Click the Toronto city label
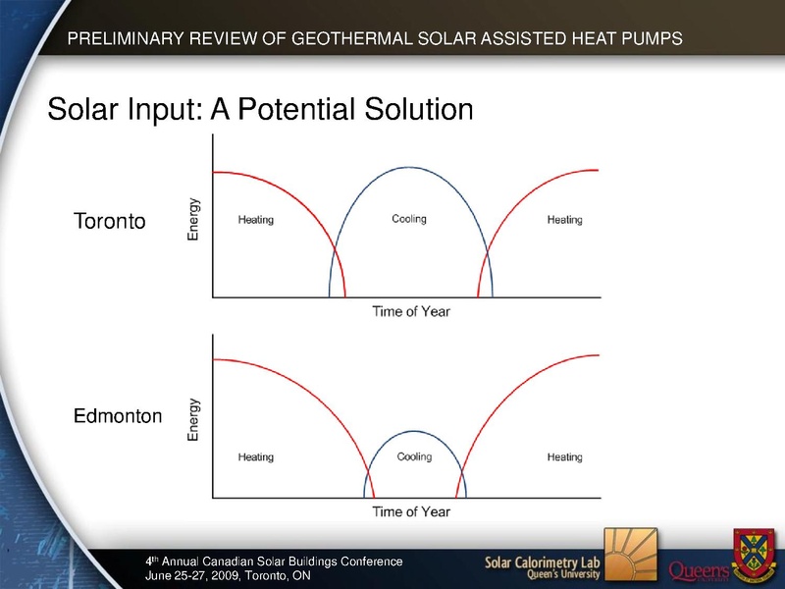click(x=109, y=221)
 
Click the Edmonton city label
click(x=118, y=415)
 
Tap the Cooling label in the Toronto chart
click(x=409, y=219)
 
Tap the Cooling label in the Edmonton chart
click(x=414, y=456)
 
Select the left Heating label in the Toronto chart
click(x=256, y=220)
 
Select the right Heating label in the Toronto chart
click(x=565, y=220)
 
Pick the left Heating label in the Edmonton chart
click(x=256, y=457)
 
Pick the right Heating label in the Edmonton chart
click(x=565, y=457)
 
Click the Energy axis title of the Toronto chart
click(x=193, y=219)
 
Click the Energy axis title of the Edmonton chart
click(x=193, y=420)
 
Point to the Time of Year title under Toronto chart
click(x=411, y=311)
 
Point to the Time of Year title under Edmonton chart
click(x=411, y=511)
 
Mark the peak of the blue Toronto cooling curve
click(x=411, y=167)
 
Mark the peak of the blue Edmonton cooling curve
click(x=415, y=431)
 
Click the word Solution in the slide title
click(x=419, y=109)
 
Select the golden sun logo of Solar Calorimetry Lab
click(x=630, y=556)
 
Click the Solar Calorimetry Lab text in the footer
click(x=543, y=562)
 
